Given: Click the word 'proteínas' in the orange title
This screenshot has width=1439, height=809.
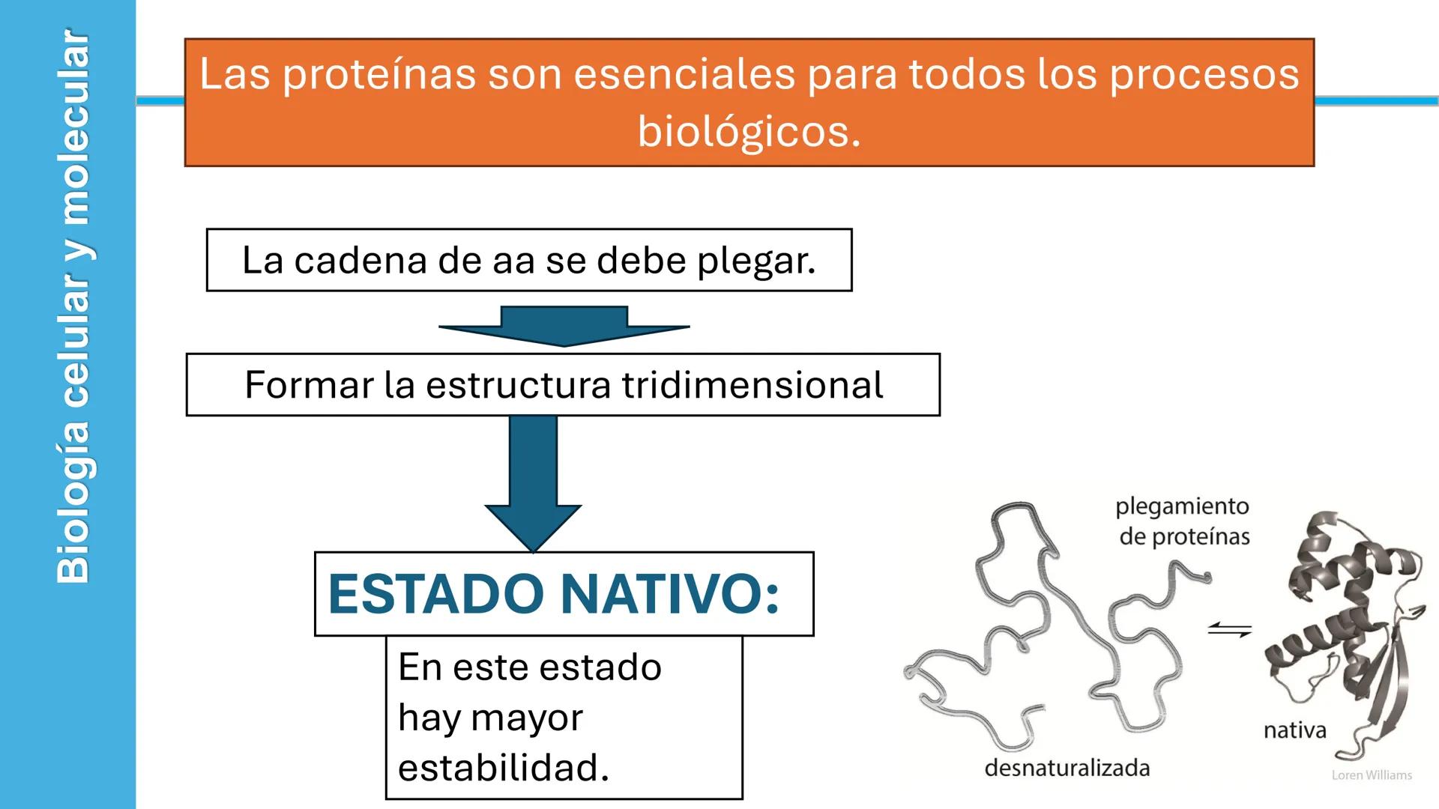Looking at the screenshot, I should coord(379,75).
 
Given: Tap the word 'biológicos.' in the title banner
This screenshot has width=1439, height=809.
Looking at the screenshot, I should coord(749,132).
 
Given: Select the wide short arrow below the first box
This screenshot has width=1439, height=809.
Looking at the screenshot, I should coord(564,326).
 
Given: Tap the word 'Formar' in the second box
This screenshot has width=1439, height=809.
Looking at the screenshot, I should coord(309,385).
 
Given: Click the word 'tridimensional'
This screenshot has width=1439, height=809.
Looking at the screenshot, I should coord(752,385).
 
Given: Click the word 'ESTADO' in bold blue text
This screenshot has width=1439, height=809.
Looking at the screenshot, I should coord(435,594).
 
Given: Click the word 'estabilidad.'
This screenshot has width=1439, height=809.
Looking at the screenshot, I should coord(504,768).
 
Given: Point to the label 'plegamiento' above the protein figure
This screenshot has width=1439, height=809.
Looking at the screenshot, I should coord(1182,506).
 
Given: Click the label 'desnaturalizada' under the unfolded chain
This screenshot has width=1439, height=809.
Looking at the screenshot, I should coord(1067,768).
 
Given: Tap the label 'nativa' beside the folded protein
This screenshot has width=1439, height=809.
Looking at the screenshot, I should coord(1294,730).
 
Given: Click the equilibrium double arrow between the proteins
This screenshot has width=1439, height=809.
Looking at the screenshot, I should coord(1229,631).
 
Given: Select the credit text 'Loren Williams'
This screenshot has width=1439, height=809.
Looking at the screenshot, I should coord(1372,775).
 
